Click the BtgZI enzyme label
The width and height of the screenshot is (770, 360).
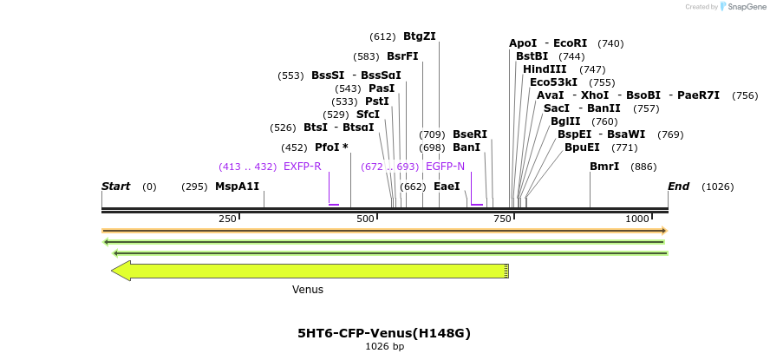click(419, 36)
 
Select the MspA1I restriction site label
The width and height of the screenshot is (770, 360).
click(237, 187)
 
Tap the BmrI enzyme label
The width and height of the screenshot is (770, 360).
click(604, 167)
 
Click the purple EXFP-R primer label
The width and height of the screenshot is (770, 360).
click(302, 167)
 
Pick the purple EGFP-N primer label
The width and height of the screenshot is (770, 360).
click(445, 167)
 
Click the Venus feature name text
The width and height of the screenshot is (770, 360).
click(308, 290)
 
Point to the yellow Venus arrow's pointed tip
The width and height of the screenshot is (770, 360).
click(113, 271)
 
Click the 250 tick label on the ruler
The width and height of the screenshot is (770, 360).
click(227, 219)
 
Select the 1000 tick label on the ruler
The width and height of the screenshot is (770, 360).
click(636, 219)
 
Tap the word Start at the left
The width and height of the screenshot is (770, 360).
click(115, 187)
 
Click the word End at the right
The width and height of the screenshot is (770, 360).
click(678, 187)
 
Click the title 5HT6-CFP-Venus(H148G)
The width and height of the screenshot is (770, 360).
click(384, 333)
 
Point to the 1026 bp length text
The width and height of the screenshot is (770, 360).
click(384, 347)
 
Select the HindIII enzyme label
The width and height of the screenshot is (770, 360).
click(545, 69)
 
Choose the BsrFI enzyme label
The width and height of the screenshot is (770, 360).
click(402, 56)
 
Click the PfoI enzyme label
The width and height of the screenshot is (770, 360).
click(331, 147)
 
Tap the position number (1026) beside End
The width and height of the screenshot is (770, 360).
click(718, 187)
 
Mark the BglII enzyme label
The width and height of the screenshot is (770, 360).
click(564, 121)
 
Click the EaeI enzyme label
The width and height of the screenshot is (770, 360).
click(447, 187)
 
